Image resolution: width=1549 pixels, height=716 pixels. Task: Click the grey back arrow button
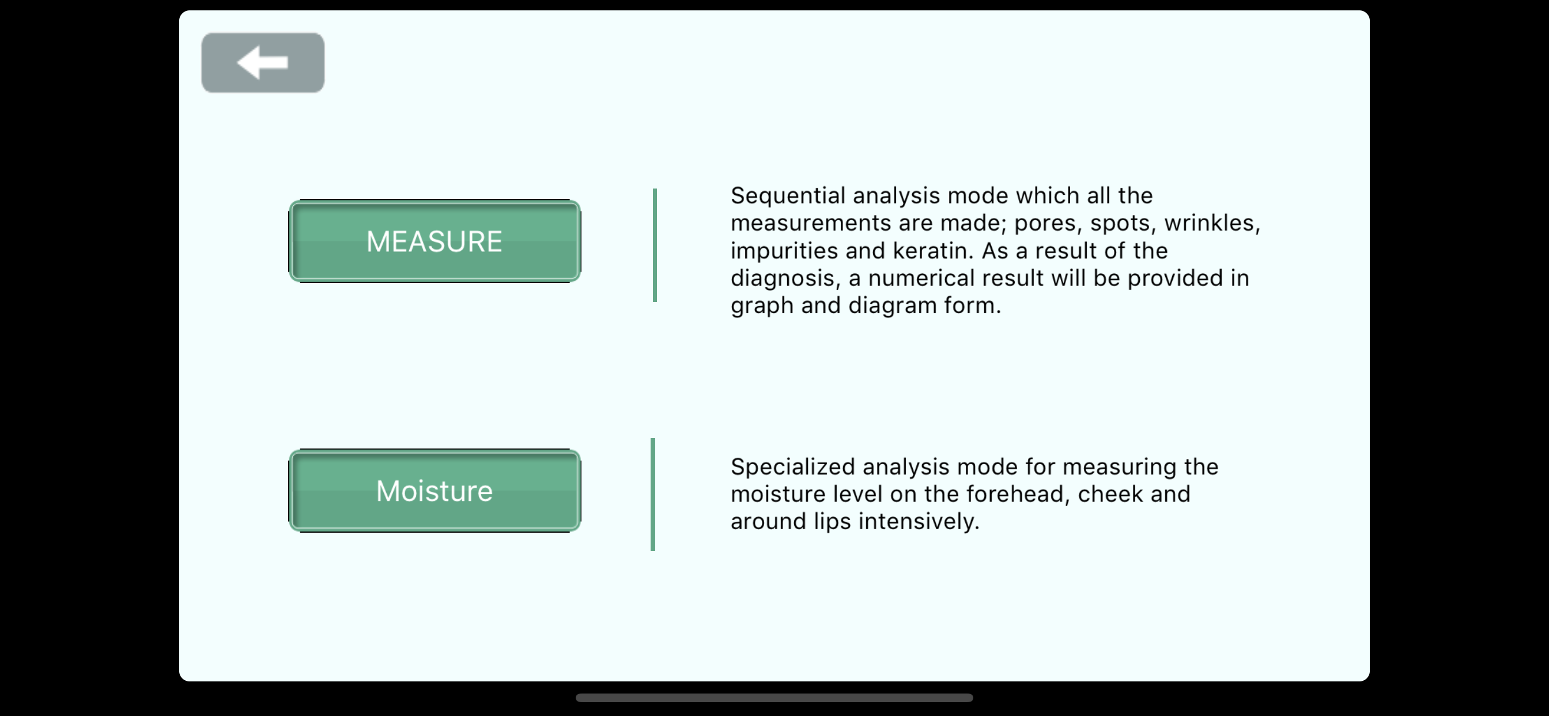263,63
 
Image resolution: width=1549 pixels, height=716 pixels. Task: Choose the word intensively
919,522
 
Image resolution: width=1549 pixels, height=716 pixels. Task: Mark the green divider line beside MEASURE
655,246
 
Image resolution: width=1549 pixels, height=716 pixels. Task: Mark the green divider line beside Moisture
653,495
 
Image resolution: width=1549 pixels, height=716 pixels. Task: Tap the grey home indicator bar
774,698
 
